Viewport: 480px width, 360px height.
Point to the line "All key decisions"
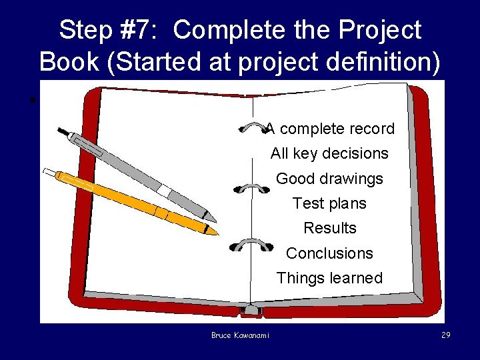329,153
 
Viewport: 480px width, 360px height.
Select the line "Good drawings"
329,179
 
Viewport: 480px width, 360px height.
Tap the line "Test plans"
329,203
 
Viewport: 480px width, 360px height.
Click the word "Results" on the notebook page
329,228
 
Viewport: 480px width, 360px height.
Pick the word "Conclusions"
329,253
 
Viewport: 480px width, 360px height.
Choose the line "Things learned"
329,278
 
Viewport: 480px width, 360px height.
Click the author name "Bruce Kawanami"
240,335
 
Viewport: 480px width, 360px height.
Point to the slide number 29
445,335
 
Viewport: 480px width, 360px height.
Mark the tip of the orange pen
216,233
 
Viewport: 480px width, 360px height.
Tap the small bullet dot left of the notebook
31,101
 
